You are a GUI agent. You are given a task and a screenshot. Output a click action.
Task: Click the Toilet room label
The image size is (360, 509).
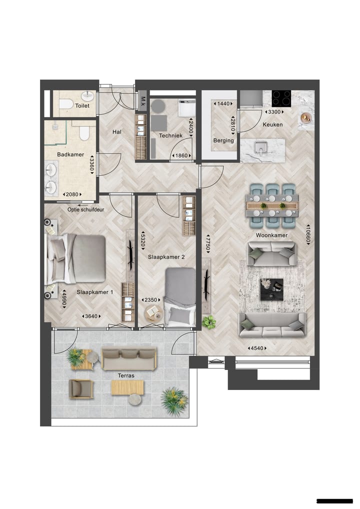pos(82,106)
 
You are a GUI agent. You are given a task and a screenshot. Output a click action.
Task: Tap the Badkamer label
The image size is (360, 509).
pos(70,155)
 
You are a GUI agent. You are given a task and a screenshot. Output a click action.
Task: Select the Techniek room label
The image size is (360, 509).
pos(170,135)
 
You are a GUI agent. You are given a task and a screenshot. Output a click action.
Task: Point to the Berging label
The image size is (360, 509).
pos(223,140)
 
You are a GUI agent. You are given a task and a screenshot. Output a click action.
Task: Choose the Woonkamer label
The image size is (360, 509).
pos(274,235)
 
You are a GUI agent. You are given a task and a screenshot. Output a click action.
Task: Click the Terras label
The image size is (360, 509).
pos(125,375)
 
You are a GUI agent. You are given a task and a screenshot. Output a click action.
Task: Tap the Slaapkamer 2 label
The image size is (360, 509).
pos(166,257)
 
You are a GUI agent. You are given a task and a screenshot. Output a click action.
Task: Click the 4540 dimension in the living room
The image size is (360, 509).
pos(256,348)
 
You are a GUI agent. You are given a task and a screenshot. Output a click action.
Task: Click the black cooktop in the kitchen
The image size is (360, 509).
pos(281,97)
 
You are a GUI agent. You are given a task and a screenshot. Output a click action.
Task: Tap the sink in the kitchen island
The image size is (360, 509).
pos(260,148)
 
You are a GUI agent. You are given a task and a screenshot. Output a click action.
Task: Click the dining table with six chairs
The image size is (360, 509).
pos(272,205)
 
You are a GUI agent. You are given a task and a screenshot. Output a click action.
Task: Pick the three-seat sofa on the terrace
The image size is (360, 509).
pos(129,358)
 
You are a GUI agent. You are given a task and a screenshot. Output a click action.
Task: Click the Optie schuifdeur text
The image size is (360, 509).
pos(86,210)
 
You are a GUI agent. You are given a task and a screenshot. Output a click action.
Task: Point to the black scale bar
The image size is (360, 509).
pos(334,500)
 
